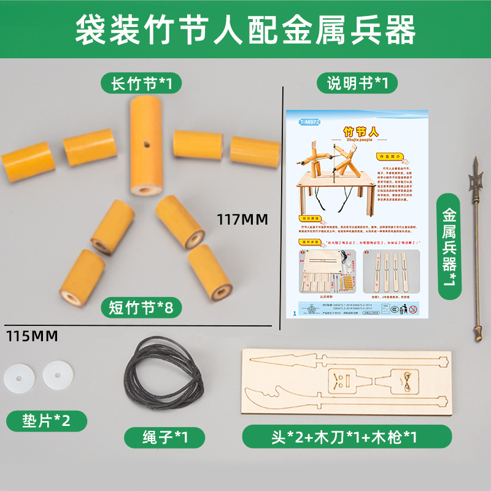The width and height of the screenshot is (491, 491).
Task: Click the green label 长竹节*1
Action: (142, 83)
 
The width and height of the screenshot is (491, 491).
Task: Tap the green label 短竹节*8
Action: (142, 306)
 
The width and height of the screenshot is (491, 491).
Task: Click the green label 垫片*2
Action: (47, 420)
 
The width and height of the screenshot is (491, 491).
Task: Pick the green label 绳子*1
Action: (164, 437)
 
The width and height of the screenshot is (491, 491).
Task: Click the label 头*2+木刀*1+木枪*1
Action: (347, 437)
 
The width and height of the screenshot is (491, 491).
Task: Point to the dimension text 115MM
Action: (32, 336)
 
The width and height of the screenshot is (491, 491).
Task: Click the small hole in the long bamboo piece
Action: (146, 145)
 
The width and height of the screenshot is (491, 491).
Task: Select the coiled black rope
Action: (164, 375)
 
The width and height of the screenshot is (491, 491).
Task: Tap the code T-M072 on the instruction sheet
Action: (311, 122)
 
